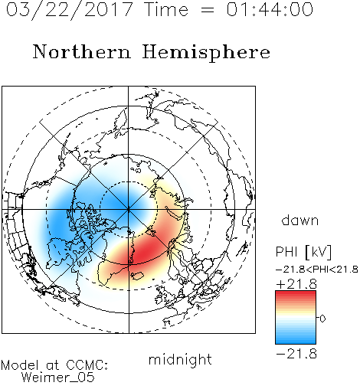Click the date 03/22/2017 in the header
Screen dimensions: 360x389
pos(70,10)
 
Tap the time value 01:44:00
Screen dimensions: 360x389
pos(270,9)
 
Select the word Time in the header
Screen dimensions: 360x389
pos(166,9)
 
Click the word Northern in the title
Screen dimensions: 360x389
pos(82,51)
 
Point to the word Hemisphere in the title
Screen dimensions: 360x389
pos(206,53)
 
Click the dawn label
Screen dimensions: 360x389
pos(300,220)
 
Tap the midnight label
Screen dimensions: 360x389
pos(180,359)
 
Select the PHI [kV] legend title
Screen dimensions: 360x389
pos(303,252)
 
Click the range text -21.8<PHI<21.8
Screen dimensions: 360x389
pos(317,270)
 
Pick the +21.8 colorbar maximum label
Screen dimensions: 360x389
pos(296,284)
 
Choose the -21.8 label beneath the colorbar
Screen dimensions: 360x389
pos(296,354)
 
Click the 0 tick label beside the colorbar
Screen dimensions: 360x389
pos(322,319)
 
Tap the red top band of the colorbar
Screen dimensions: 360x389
pos(296,296)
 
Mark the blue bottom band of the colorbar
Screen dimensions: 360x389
pos(296,339)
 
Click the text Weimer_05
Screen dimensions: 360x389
pos(58,378)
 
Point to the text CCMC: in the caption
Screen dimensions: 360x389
pos(87,365)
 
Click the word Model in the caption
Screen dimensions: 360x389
pos(20,365)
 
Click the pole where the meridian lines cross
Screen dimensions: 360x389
pos(129,209)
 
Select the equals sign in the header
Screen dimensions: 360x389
pos(207,10)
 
